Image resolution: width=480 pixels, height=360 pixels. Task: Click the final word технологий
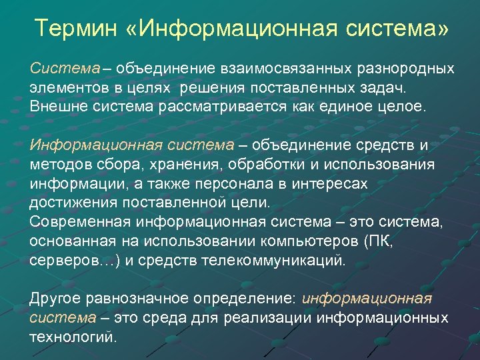(x=73, y=337)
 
